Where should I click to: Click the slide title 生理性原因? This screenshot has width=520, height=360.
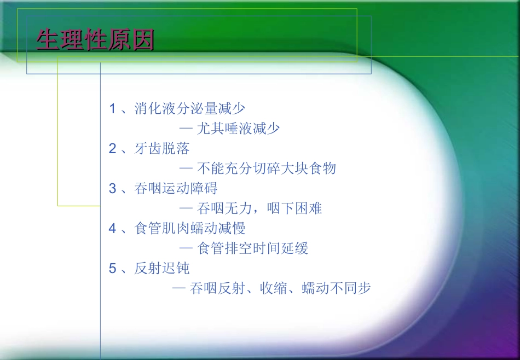coord(95,40)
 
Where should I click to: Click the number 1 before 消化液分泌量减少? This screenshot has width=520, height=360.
coord(113,108)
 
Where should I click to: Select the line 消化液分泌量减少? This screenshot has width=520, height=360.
coord(190,108)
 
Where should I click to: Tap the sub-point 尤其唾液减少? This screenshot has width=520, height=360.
coord(238,129)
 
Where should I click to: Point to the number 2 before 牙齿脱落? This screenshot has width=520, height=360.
coord(113,148)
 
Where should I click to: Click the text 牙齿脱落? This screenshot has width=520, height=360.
coord(162,148)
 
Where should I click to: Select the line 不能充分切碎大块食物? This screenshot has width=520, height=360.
coord(266,169)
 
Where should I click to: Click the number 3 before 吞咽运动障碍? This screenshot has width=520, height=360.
coord(113,188)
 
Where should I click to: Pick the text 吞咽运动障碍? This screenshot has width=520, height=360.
coord(176,188)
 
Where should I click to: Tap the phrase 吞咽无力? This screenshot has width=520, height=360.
coord(224,208)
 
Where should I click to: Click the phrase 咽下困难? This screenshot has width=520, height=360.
coord(294,208)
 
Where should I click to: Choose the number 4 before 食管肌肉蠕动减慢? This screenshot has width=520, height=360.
coord(113,228)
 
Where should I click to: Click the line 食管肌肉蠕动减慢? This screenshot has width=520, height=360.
coord(190,228)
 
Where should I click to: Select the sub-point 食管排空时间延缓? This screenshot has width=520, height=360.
coord(252,248)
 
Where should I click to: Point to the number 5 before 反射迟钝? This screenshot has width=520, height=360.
coord(113,268)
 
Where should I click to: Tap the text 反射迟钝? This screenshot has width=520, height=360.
coord(162,268)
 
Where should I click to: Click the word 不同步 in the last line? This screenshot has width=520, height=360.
coord(350,288)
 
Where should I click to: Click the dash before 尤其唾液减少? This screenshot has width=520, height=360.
coord(186,129)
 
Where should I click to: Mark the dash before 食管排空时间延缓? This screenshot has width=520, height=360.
coord(186,248)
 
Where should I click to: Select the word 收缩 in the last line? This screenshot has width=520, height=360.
coord(274,288)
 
